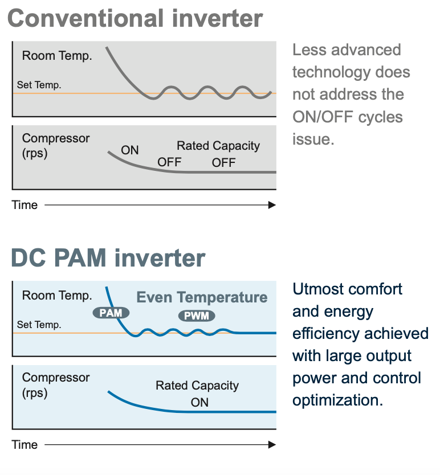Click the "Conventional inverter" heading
[x=135, y=18]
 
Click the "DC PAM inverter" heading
[x=108, y=258]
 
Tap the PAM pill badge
[x=111, y=313]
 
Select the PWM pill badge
[x=197, y=316]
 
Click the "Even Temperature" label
[x=202, y=297]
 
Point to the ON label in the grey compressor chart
[x=130, y=150]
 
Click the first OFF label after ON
[x=169, y=162]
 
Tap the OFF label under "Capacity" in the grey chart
[x=223, y=163]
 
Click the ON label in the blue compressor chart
[x=199, y=403]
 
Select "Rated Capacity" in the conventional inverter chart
[x=218, y=146]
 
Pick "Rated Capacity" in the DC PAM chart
[x=197, y=386]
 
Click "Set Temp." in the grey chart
[x=39, y=85]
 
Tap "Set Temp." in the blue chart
[x=39, y=325]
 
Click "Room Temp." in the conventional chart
[x=57, y=56]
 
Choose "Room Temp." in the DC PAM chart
[x=57, y=296]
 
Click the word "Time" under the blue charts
[x=25, y=444]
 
